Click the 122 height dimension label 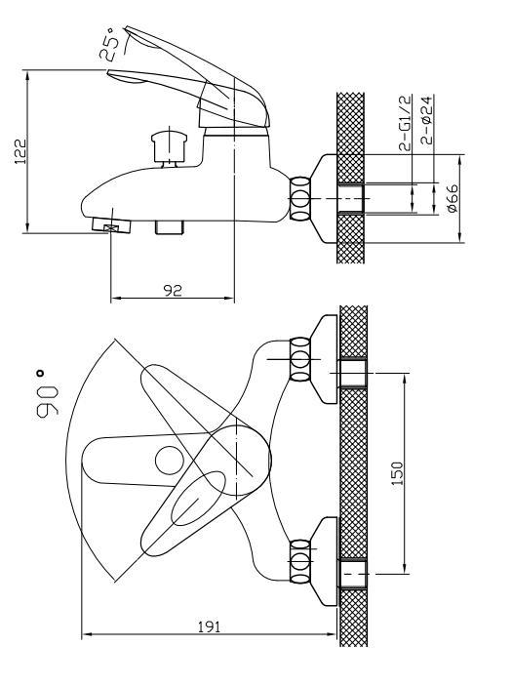(20, 151)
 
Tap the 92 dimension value (173, 290)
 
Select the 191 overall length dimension (210, 626)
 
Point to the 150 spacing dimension (397, 473)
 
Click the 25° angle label (108, 43)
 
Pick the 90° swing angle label (47, 394)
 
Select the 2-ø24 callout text (427, 120)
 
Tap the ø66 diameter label (453, 198)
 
